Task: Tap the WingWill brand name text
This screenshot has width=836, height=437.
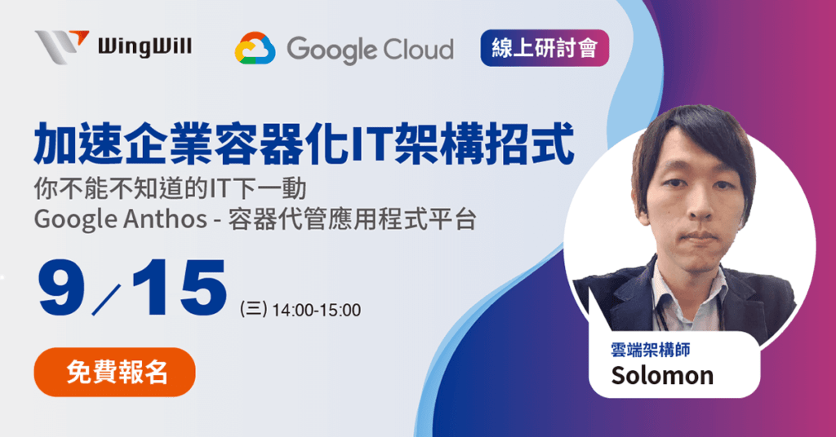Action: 144,46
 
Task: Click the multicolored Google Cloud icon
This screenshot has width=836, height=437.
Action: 255,49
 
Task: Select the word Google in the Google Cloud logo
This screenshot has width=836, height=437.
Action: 331,50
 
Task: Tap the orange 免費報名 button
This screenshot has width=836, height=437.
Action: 115,372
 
